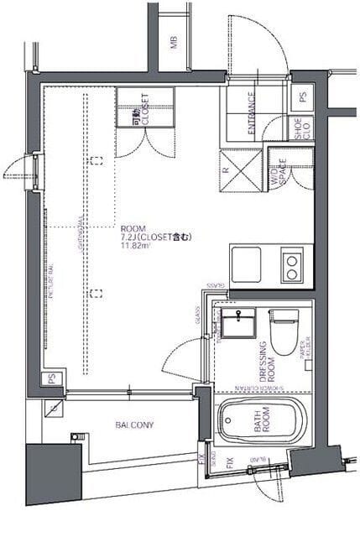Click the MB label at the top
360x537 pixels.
pyautogui.click(x=174, y=43)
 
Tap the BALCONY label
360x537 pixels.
pyautogui.click(x=134, y=425)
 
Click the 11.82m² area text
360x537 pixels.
pyautogui.click(x=135, y=245)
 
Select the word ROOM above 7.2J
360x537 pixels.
pyautogui.click(x=133, y=227)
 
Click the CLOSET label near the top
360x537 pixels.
pyautogui.click(x=145, y=109)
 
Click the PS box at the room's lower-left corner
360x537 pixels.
pyautogui.click(x=53, y=380)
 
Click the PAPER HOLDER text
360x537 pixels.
pyautogui.click(x=307, y=350)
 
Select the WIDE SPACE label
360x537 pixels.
pyautogui.click(x=277, y=173)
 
